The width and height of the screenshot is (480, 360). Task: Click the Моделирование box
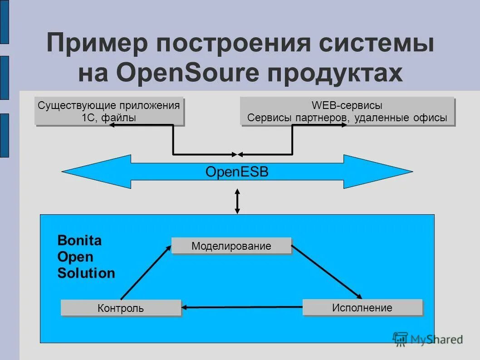(231, 246)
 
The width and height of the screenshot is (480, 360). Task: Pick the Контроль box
(121, 308)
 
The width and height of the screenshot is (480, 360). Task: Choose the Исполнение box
(362, 307)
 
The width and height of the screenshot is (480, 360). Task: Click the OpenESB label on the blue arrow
(237, 172)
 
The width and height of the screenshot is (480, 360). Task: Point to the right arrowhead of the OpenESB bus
(390, 172)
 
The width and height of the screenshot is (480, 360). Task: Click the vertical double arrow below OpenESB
(237, 201)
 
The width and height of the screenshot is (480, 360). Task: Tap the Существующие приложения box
(109, 111)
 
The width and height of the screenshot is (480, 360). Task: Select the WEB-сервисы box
(347, 111)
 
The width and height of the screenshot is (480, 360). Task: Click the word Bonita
(79, 241)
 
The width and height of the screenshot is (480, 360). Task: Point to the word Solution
(86, 273)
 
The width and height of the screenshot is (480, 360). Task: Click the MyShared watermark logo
(428, 339)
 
